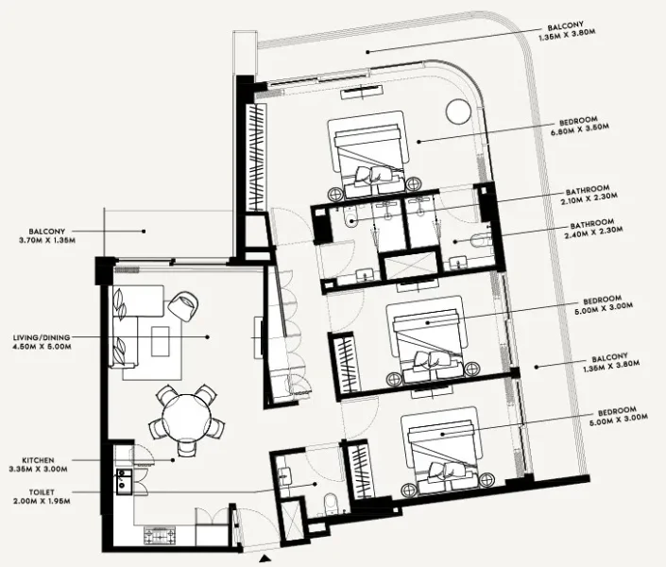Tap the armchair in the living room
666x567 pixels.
184,305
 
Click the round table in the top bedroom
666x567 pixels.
457,110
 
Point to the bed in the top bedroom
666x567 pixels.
367,153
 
